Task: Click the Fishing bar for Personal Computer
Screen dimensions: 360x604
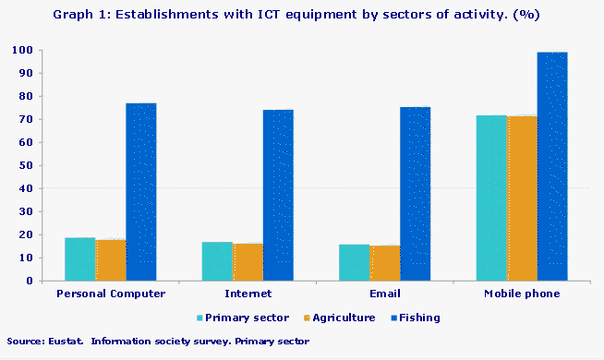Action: pos(141,192)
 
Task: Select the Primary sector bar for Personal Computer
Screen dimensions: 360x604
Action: pos(80,258)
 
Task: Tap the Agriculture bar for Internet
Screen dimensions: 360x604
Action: pos(248,261)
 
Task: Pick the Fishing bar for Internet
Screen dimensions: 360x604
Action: pos(278,195)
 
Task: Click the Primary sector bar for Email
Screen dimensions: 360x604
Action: pos(354,262)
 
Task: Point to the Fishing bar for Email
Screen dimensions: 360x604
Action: pos(415,194)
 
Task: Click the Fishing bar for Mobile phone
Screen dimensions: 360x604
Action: pos(552,166)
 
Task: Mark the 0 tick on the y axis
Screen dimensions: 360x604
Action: pos(30,281)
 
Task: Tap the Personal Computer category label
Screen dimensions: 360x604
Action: pos(111,294)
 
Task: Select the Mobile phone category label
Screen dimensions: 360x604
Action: pos(522,294)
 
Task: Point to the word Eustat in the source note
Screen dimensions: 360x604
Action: pos(57,342)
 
